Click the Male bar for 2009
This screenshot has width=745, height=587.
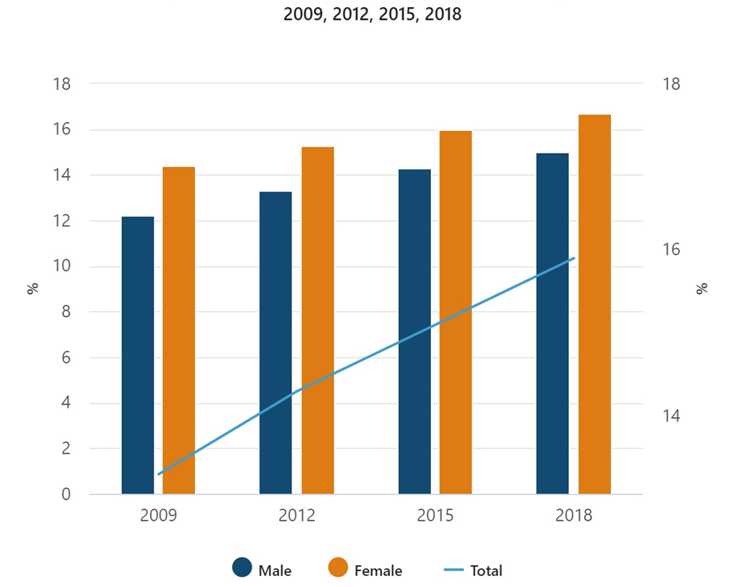138,355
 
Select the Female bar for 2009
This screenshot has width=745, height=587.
178,331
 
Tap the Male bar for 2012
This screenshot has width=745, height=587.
276,343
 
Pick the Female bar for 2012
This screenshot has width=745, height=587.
317,320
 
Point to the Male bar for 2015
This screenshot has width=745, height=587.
415,331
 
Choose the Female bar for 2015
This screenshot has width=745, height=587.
455,313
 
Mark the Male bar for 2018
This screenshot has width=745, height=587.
553,324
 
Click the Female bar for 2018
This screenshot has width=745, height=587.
594,304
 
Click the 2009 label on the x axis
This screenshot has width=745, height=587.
158,516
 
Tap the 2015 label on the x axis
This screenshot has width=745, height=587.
435,516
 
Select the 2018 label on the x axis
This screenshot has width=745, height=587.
573,516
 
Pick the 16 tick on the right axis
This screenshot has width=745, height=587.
669,250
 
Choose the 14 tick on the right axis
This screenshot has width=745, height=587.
669,415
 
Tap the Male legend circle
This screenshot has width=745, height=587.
243,569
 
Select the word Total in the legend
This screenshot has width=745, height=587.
486,571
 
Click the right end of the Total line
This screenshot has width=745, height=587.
574,258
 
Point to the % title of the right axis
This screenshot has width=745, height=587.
702,288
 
